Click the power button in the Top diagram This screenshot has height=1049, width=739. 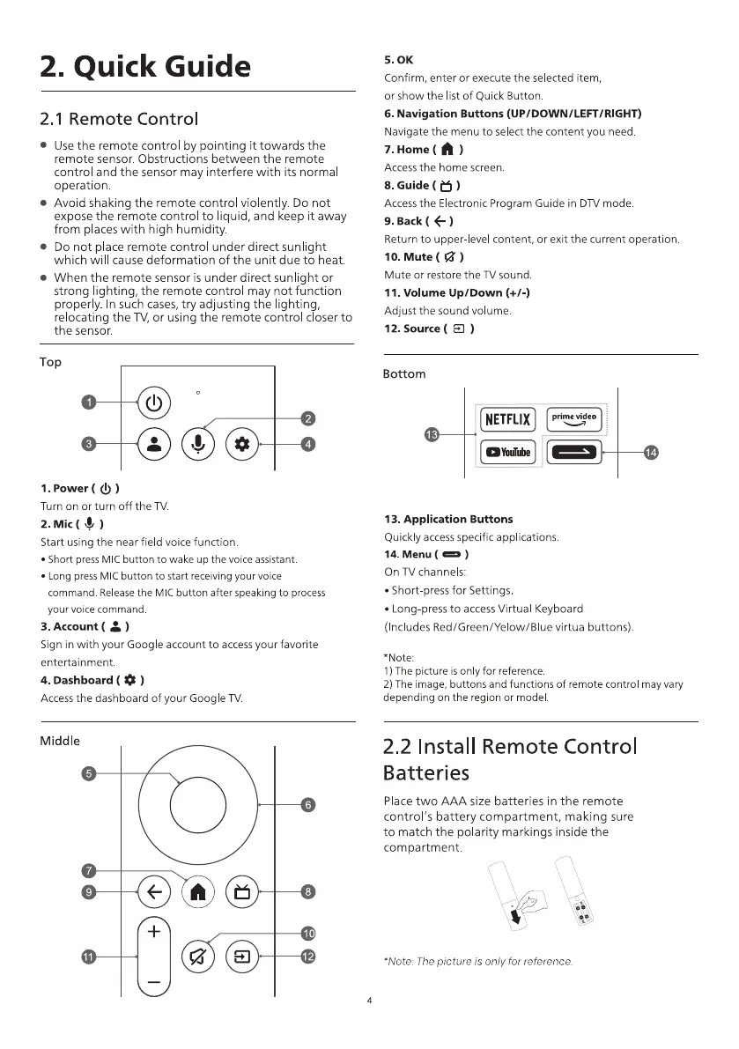(x=154, y=404)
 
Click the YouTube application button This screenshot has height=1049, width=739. (x=507, y=453)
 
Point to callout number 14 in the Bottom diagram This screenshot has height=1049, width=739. (x=651, y=453)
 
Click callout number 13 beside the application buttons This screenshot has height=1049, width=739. (x=432, y=434)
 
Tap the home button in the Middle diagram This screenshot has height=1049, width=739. (x=198, y=891)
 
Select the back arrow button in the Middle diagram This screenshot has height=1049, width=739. (x=154, y=891)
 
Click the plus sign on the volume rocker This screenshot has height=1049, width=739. (x=154, y=931)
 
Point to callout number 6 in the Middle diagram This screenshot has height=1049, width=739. (x=307, y=805)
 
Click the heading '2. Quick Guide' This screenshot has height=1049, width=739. (x=144, y=65)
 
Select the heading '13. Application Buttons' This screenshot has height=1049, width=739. (x=448, y=519)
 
